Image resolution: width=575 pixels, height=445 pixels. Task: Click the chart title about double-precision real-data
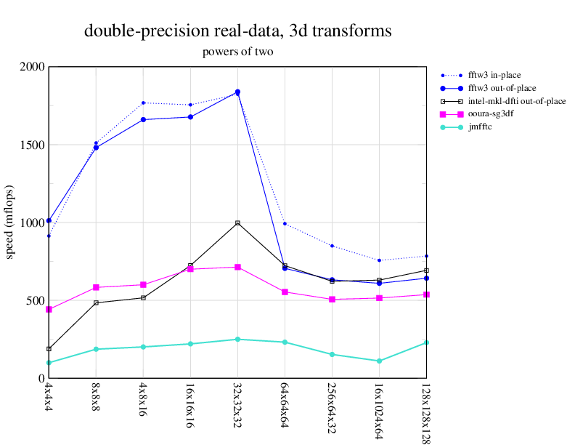238,31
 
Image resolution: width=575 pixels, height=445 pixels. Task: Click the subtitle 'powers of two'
238,52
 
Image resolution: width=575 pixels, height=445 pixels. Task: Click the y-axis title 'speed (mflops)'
11,222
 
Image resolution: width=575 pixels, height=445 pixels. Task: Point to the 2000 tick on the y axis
32,67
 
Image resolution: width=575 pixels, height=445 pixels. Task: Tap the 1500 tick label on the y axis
32,145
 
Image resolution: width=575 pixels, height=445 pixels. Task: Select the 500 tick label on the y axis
35,300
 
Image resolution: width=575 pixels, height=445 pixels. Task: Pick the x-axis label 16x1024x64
379,408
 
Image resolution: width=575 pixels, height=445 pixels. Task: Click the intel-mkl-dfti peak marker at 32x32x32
237,223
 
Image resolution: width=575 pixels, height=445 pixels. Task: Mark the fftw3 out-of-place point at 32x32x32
237,92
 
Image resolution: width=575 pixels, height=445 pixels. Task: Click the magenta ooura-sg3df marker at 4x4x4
49,310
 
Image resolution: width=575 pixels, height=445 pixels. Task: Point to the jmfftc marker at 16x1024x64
379,361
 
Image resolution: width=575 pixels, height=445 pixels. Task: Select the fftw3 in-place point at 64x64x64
285,224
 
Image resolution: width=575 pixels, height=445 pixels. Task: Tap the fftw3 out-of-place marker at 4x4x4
49,220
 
